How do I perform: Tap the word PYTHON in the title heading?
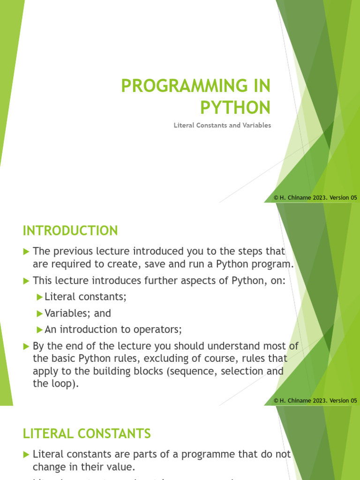[x=235, y=107]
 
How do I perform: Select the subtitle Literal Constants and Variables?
[x=222, y=126]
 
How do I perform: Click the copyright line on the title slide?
[x=315, y=198]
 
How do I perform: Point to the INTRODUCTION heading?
[x=70, y=231]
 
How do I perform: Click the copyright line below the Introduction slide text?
[x=315, y=400]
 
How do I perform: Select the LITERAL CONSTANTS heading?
[x=87, y=434]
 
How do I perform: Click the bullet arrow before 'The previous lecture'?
[x=26, y=252]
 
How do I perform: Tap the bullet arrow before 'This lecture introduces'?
[x=26, y=281]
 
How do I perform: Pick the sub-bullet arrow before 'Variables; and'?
[x=39, y=313]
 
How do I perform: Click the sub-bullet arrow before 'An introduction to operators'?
[x=39, y=330]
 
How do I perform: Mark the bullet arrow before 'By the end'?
[x=26, y=346]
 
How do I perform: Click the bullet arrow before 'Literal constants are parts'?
[x=26, y=454]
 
